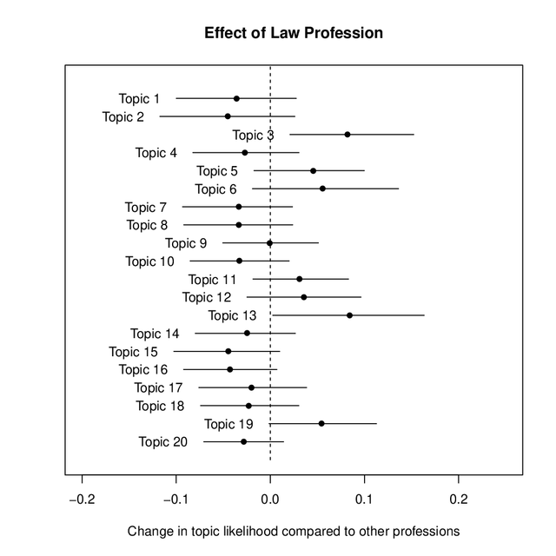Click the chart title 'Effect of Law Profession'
(x=294, y=34)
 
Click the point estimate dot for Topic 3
(x=347, y=135)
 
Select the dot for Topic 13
(x=350, y=315)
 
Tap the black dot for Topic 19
(x=321, y=423)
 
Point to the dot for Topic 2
(x=228, y=116)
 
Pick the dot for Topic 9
(x=269, y=243)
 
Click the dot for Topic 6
(x=322, y=189)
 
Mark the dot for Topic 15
(x=228, y=351)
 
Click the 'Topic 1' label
(x=139, y=99)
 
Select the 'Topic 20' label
(x=162, y=442)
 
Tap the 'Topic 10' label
(x=149, y=261)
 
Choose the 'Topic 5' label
(x=216, y=171)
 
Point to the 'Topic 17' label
(x=158, y=387)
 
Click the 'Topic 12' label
(x=207, y=297)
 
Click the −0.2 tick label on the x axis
(x=83, y=501)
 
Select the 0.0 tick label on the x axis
(x=270, y=501)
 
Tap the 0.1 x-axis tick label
(x=364, y=501)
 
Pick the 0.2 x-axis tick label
(x=458, y=501)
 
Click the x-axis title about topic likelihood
(x=294, y=531)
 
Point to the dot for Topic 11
(x=300, y=279)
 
